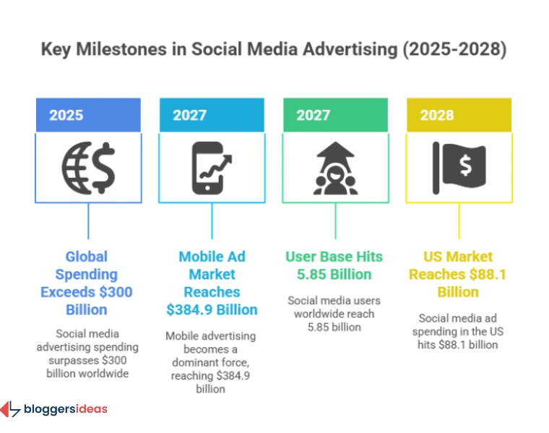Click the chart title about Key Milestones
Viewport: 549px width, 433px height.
click(274, 50)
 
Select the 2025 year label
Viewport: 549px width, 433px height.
click(66, 115)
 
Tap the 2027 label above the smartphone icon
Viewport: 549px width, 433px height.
click(189, 115)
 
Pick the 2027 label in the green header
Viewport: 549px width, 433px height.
click(313, 115)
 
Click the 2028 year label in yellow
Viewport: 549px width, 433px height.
click(436, 115)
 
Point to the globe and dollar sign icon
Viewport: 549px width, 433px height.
click(87, 166)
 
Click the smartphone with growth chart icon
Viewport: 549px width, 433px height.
click(211, 166)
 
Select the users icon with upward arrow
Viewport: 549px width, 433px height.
click(335, 166)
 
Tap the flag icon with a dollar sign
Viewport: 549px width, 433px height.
click(458, 164)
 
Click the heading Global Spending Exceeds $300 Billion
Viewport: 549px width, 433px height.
click(87, 283)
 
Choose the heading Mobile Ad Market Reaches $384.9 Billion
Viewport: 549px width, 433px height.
click(211, 283)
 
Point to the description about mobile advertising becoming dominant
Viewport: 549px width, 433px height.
click(211, 362)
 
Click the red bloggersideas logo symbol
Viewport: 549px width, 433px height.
click(10, 409)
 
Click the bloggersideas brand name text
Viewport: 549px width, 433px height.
click(65, 409)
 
